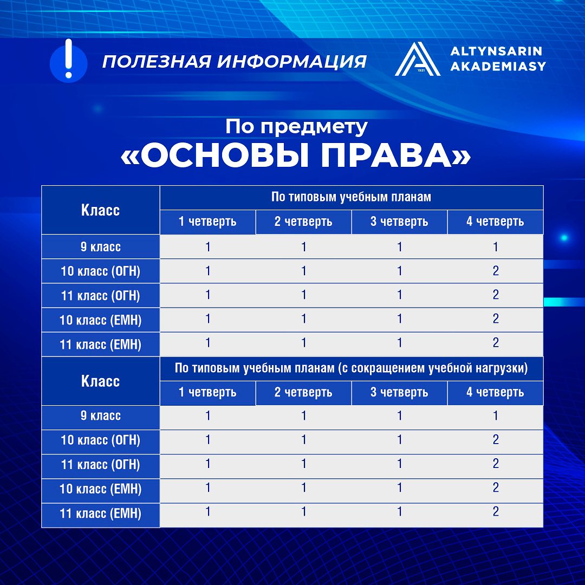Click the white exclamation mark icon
(68, 58)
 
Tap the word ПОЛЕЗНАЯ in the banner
(157, 62)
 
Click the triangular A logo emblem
(418, 59)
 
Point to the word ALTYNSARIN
(496, 51)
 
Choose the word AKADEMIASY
(498, 66)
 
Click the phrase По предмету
(296, 127)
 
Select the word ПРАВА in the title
(387, 155)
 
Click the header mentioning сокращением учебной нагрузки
(351, 368)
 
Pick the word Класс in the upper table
(100, 210)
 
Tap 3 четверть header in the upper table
(399, 222)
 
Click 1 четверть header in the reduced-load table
(207, 393)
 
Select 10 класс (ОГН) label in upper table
(100, 271)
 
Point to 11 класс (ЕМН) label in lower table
(100, 513)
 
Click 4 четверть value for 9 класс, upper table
(496, 246)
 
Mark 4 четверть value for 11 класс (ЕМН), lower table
(496, 511)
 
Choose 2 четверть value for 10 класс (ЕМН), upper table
(304, 318)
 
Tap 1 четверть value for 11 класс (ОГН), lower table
(208, 463)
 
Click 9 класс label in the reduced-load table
(100, 415)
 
